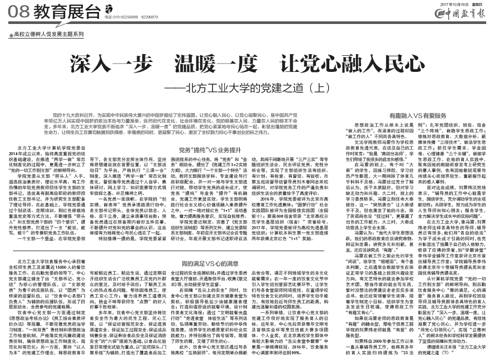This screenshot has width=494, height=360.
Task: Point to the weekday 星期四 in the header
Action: click(477, 4)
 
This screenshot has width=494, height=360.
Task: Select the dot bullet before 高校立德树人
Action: click(11, 35)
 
